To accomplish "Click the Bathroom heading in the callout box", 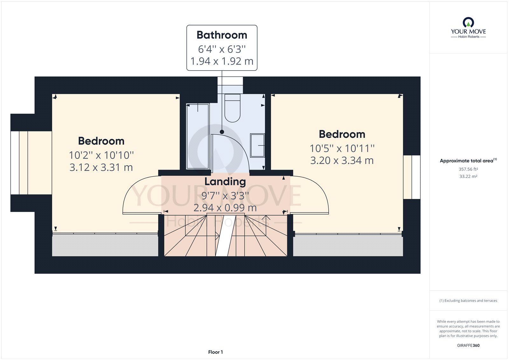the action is [222, 35].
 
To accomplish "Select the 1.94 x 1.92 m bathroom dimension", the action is [222, 61].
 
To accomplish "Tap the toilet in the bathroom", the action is [232, 108].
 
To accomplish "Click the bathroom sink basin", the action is [257, 145].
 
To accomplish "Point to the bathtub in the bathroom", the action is [198, 137].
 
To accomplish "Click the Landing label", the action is [225, 181].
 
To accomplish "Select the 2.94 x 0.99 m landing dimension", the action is [225, 208].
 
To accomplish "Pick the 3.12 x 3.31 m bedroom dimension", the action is [101, 168].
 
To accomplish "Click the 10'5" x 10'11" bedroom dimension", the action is [342, 149].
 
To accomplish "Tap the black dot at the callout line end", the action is [222, 132].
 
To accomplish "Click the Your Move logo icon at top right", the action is [468, 23].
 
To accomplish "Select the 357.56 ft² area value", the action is [468, 169].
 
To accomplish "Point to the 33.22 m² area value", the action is [468, 176].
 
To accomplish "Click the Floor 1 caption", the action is [215, 352].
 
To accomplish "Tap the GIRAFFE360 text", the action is [468, 345].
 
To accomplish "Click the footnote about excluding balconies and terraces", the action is [468, 301].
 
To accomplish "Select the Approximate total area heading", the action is [468, 160].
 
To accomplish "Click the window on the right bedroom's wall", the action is [412, 177].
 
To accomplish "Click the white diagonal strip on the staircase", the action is [226, 236].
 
